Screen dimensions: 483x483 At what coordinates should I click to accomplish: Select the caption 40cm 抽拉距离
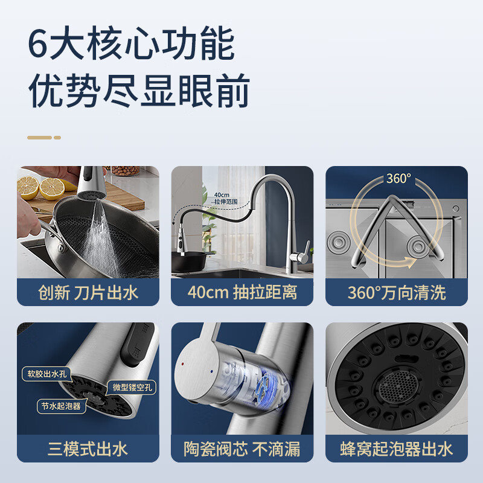(242, 293)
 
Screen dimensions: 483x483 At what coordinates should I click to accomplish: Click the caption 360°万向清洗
(397, 293)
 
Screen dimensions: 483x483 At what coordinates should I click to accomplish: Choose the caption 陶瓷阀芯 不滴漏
(242, 449)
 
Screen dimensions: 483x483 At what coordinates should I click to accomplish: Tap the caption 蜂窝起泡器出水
(397, 449)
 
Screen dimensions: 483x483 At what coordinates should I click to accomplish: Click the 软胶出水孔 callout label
(47, 374)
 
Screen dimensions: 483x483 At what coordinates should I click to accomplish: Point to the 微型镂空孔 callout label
(133, 386)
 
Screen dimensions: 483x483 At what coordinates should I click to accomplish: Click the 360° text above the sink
(398, 179)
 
